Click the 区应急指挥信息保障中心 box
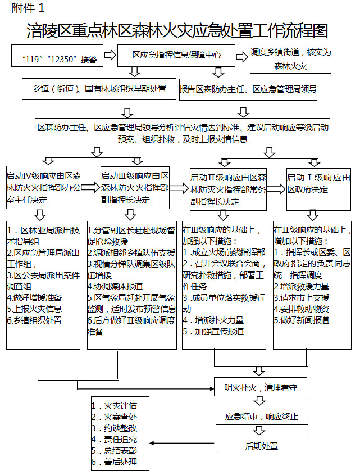click(176, 55)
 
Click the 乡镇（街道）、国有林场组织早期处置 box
click(94, 89)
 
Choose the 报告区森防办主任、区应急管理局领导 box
click(248, 89)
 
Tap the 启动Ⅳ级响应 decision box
click(43, 188)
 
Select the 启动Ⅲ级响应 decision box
click(135, 188)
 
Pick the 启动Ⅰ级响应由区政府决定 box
click(318, 183)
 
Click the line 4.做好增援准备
click(35, 297)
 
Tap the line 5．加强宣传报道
click(213, 331)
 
